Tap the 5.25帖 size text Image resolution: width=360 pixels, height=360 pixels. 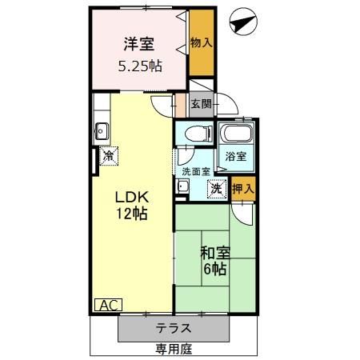click(x=142, y=66)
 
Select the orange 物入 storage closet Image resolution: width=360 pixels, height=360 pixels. click(x=201, y=45)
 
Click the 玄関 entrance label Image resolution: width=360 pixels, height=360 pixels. click(x=201, y=103)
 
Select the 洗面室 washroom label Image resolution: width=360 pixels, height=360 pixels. click(x=195, y=171)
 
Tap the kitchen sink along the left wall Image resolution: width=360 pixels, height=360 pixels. click(x=101, y=130)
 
